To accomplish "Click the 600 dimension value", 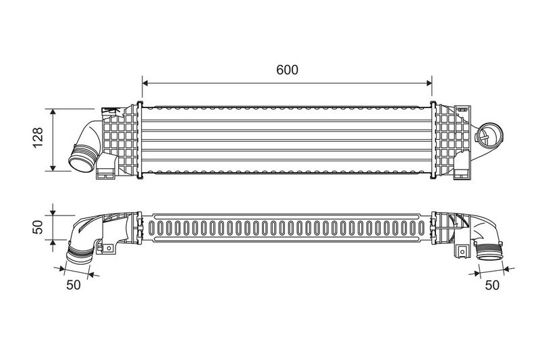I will tap(287, 70).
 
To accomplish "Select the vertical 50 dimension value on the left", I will tap(38, 226).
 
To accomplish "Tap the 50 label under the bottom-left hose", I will tap(73, 284).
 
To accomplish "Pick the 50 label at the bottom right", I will tap(492, 285).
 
